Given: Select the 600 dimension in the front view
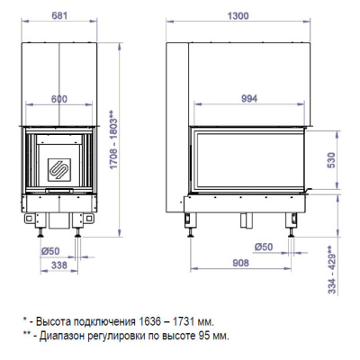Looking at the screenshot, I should (59, 100).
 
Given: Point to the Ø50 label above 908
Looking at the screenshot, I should (264, 246).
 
